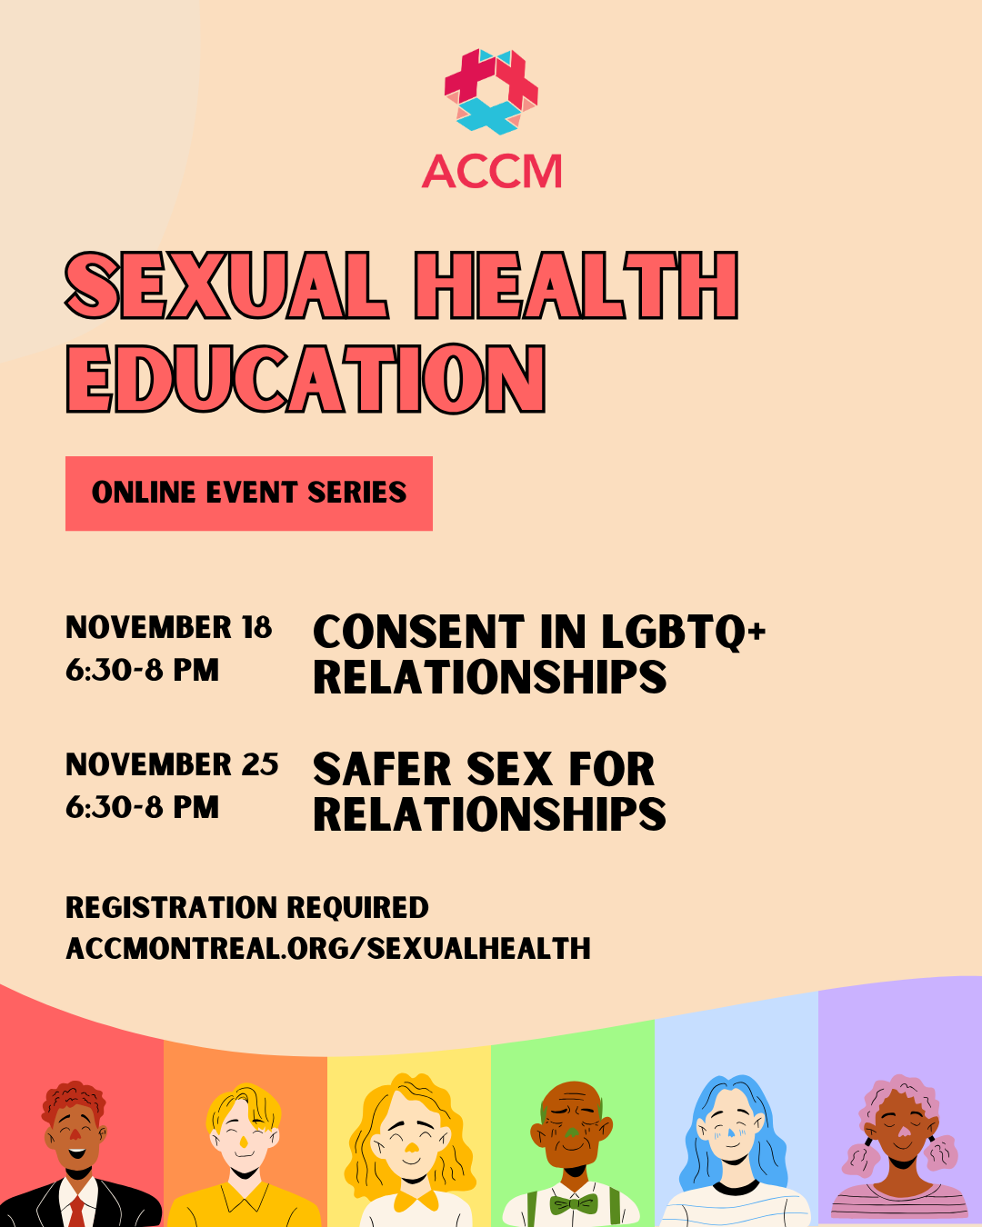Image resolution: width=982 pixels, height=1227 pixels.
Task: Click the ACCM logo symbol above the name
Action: pyautogui.click(x=491, y=92)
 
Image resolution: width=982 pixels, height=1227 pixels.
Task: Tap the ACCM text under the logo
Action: pyautogui.click(x=492, y=171)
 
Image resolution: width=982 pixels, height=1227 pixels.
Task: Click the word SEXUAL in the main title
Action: pyautogui.click(x=226, y=285)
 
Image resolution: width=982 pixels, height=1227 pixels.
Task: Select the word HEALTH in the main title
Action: pyautogui.click(x=576, y=285)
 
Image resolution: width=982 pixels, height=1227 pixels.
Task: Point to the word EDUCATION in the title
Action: pyautogui.click(x=306, y=378)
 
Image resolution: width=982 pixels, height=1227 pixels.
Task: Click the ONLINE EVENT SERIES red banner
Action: pyautogui.click(x=249, y=494)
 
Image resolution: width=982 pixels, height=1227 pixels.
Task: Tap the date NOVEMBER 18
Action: pyautogui.click(x=169, y=627)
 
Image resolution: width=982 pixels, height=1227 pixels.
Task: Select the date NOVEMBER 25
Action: pyautogui.click(x=173, y=764)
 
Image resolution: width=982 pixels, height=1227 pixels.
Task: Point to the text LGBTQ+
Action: pyautogui.click(x=684, y=633)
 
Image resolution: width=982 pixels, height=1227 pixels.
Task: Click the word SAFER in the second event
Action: pyautogui.click(x=382, y=769)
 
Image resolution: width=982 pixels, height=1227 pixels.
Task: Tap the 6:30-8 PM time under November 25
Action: pyautogui.click(x=142, y=807)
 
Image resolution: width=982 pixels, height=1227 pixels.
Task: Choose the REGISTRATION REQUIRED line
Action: pyautogui.click(x=247, y=908)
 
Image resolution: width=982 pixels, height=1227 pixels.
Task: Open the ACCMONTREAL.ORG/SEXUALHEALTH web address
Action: pyautogui.click(x=328, y=949)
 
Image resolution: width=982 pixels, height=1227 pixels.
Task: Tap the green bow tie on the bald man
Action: pyautogui.click(x=574, y=1203)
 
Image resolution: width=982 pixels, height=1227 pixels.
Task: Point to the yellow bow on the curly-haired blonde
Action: pyautogui.click(x=416, y=1200)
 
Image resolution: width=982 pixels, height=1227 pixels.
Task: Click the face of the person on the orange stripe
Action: pyautogui.click(x=244, y=1134)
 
